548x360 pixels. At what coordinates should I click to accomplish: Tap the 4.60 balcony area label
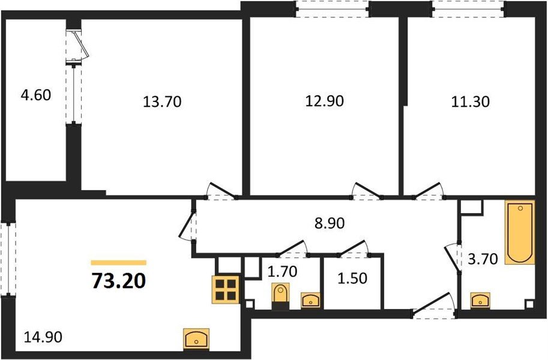point(36,95)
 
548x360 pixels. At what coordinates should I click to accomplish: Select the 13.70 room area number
point(162,102)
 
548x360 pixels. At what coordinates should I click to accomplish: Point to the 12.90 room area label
point(324,101)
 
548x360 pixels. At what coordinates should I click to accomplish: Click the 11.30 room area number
point(470,101)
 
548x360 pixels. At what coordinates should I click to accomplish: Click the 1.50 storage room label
point(352,279)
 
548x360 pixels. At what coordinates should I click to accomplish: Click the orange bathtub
point(519,233)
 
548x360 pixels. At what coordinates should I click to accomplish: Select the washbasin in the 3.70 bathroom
point(480,300)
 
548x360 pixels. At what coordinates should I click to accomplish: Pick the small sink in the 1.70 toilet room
point(310,300)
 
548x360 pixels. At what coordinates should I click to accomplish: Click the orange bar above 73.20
point(118,262)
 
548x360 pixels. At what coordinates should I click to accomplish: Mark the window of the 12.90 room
point(332,8)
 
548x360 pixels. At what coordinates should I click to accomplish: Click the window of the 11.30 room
point(468,8)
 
